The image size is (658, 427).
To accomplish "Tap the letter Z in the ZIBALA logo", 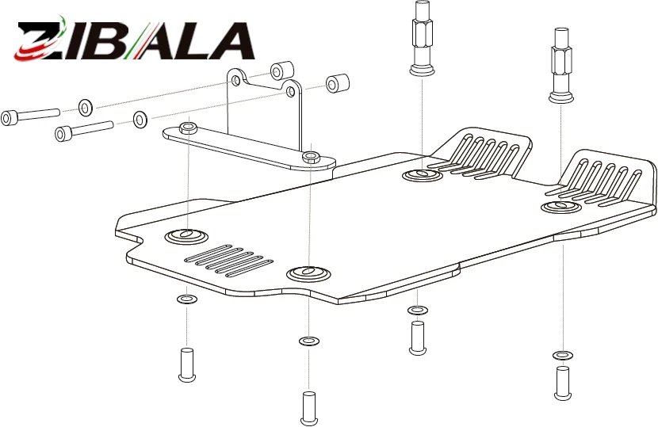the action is point(40,41).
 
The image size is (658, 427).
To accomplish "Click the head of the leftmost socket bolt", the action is point(9,118).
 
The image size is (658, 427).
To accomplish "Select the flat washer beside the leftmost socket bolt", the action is point(86,108).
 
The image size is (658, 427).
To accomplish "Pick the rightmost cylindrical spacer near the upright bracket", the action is point(338,83).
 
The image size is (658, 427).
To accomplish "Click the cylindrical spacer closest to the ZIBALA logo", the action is point(281,71).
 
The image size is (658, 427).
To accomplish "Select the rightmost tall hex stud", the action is point(561,65).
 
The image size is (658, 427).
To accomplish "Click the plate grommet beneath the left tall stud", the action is point(423,174).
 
